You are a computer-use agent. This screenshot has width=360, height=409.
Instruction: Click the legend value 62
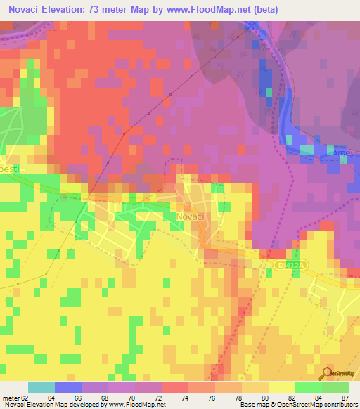click(25, 398)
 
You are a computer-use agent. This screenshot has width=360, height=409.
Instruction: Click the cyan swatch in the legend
click(41, 387)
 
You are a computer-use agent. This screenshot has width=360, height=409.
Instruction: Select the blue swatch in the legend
click(68, 387)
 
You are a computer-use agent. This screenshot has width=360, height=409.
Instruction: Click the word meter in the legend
click(11, 398)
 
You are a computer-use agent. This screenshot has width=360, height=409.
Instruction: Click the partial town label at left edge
click(12, 170)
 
